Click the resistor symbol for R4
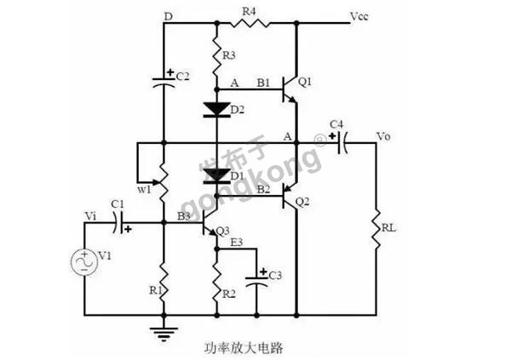[x=250, y=23]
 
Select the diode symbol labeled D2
[x=216, y=110]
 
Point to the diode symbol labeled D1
[x=216, y=176]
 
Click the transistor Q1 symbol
[x=290, y=89]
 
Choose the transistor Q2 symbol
[x=290, y=197]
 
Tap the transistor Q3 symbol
[x=210, y=223]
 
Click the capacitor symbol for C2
[x=164, y=82]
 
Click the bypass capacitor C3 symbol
[x=256, y=281]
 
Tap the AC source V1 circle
[x=84, y=261]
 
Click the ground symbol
[x=164, y=333]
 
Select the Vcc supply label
[x=359, y=16]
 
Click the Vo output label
[x=383, y=136]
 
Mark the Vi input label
[x=90, y=215]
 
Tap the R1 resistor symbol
[x=164, y=283]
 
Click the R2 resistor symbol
[x=217, y=283]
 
